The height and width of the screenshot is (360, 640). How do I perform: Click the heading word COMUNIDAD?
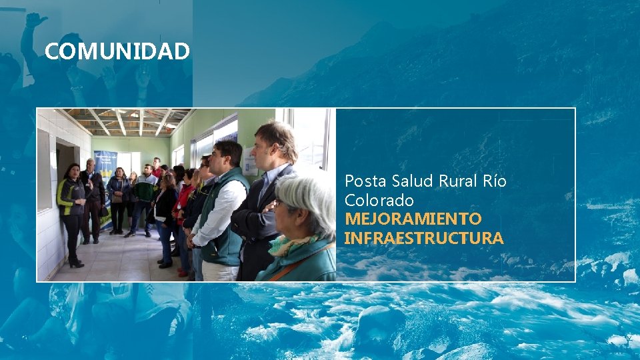coord(117,51)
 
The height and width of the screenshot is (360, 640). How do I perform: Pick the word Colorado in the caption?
coord(379,200)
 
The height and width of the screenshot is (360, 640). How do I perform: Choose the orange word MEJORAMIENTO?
coord(413,219)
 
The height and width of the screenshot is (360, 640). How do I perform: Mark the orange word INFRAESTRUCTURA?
coord(424,238)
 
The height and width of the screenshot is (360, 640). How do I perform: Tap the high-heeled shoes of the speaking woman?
coord(75,263)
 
